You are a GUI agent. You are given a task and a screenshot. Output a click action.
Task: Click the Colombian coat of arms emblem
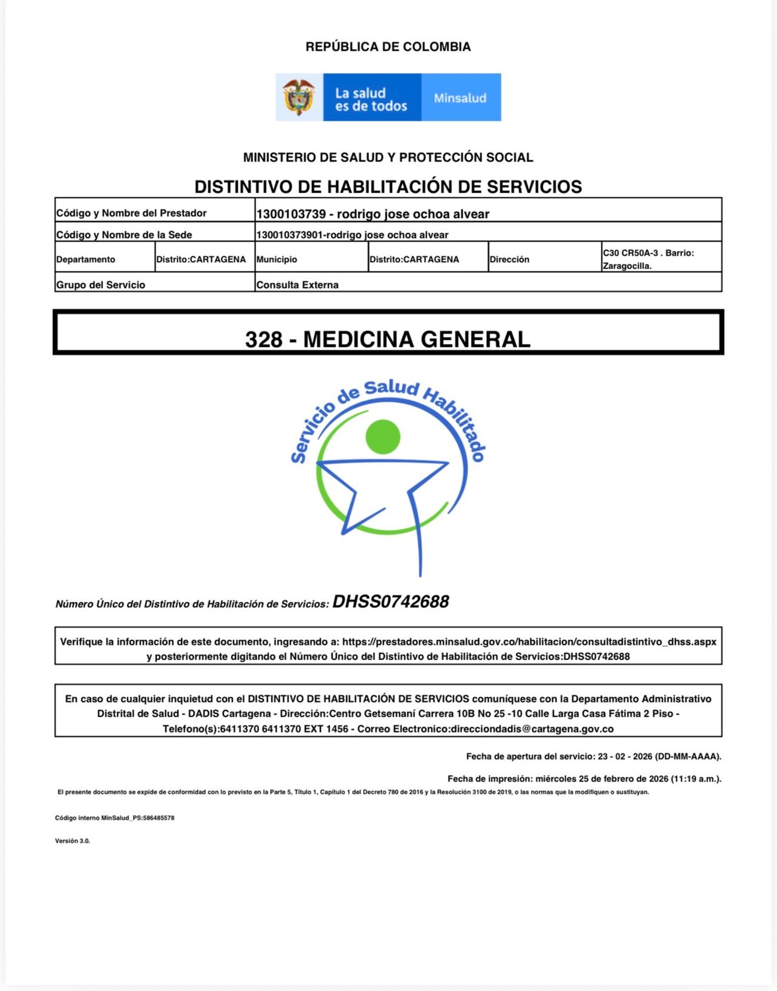299,97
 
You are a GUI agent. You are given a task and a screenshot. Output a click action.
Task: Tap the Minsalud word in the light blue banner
460,98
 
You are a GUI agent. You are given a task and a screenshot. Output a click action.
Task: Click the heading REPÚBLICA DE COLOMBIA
388,47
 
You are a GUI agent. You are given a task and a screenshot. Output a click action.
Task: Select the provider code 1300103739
291,214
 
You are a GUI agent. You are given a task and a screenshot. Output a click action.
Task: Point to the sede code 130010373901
288,235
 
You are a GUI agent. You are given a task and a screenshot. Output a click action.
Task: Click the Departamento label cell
86,259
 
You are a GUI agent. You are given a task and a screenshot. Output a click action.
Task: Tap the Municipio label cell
277,259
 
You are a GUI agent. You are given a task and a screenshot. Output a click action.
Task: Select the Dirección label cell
509,259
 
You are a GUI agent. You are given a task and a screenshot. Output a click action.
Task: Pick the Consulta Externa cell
297,285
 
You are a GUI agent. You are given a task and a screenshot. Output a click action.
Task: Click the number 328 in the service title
263,339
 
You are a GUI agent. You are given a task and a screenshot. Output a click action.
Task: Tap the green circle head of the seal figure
383,437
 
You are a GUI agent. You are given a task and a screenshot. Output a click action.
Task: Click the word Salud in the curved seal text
392,389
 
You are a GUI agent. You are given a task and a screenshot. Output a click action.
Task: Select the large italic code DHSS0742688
390,602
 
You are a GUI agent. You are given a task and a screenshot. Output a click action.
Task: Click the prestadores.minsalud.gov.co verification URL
529,642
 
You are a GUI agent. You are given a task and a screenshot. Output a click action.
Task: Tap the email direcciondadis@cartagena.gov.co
532,729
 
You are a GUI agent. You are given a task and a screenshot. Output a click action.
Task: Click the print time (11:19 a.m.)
695,778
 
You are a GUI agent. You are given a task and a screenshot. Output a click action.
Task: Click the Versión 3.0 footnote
72,841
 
